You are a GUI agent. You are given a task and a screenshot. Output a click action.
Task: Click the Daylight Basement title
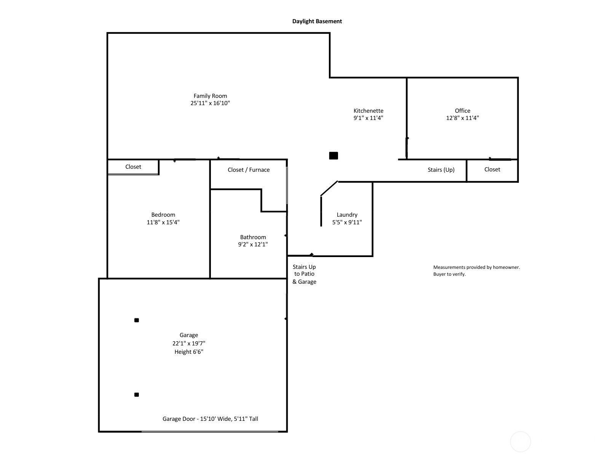coord(317,21)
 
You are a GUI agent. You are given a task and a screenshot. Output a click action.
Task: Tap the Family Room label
coord(210,96)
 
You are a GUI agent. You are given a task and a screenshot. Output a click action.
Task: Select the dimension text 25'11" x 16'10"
coord(210,103)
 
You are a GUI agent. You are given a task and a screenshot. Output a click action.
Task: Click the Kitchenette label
coord(368,111)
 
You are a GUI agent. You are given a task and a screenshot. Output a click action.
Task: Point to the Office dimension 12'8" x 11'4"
coord(462,118)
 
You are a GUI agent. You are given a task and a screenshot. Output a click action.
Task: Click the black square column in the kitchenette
coord(333,155)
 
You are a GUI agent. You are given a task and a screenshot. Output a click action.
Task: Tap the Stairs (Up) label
coord(441,169)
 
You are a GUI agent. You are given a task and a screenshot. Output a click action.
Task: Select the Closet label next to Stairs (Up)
coord(492,169)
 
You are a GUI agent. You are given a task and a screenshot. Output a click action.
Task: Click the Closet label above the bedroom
coord(133,167)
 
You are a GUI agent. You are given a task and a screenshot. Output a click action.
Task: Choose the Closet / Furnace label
coord(249,170)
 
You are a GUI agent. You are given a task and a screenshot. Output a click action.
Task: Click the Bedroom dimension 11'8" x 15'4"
coord(163,222)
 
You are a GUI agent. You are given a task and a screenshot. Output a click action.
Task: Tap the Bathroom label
coord(253,237)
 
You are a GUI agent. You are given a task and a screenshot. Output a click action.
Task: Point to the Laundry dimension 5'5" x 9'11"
coord(347,222)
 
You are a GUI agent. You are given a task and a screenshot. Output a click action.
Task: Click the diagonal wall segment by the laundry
coord(329,189)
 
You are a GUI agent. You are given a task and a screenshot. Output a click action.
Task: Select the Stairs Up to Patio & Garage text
coord(304,274)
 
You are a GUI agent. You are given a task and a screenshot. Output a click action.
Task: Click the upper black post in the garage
coord(137,320)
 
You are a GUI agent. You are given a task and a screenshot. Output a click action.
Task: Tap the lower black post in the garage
coord(137,395)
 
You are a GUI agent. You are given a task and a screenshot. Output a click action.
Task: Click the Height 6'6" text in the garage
coord(189,352)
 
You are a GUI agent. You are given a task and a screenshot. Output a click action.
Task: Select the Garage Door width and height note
coord(210,419)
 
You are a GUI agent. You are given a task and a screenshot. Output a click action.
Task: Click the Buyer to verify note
coord(449,274)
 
